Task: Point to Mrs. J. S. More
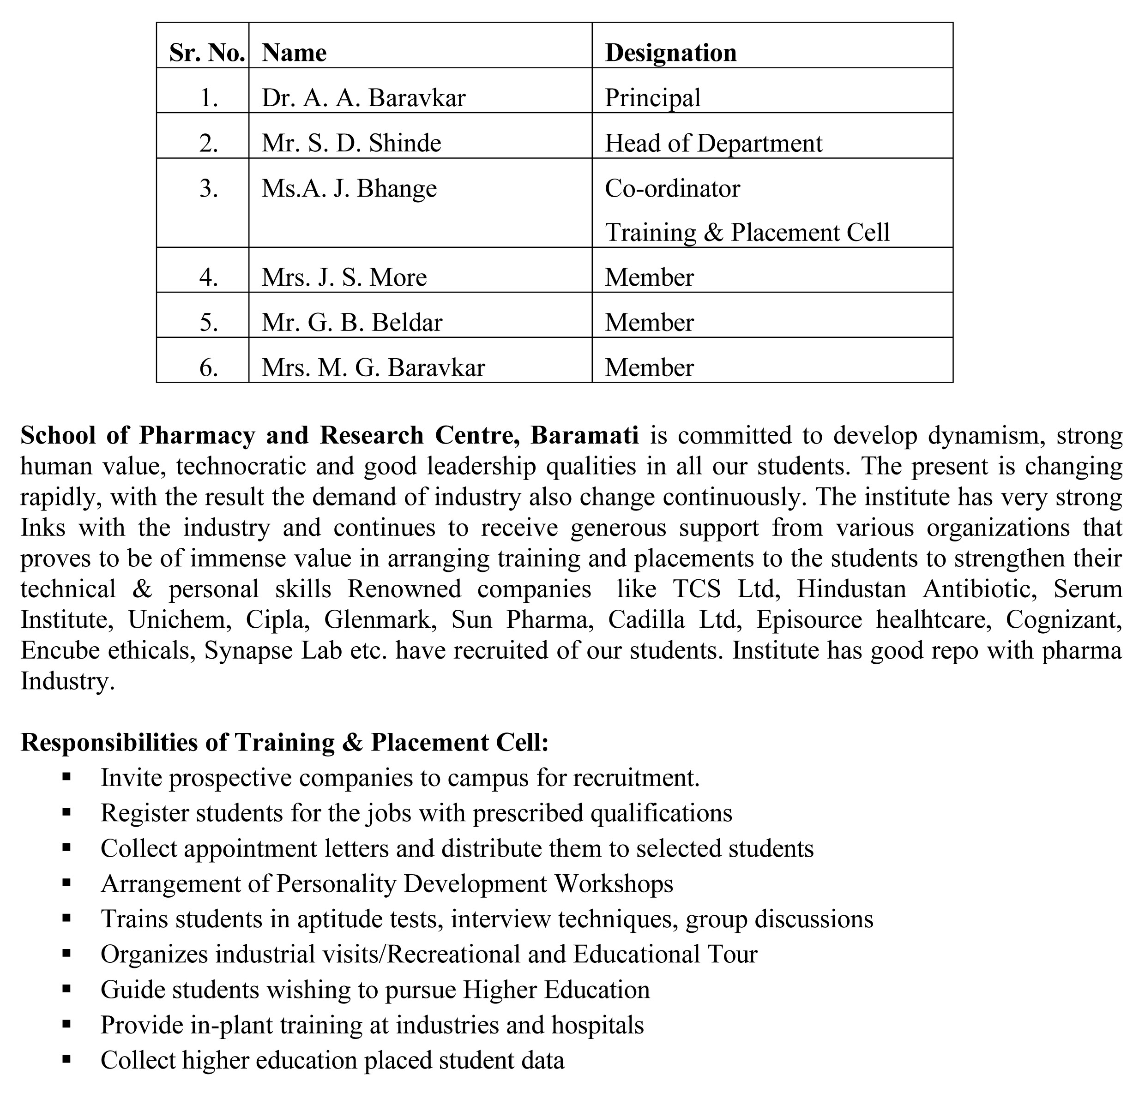click(x=344, y=277)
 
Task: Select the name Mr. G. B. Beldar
click(x=351, y=323)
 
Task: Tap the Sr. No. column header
click(x=206, y=53)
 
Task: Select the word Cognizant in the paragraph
click(x=1063, y=619)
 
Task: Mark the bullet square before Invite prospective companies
click(x=66, y=777)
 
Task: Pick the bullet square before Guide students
click(x=66, y=989)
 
